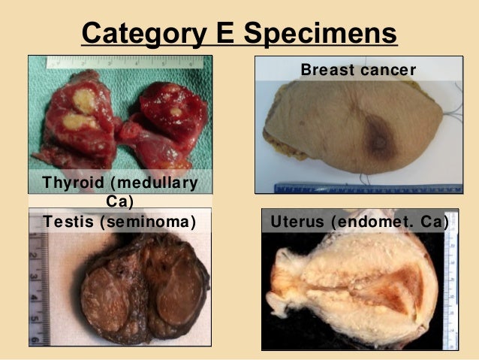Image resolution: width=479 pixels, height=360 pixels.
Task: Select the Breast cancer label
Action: [357, 70]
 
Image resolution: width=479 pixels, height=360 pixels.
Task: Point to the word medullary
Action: [160, 183]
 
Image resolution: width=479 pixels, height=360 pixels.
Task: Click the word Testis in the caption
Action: [68, 222]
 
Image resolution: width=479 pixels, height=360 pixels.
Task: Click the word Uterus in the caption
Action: [300, 222]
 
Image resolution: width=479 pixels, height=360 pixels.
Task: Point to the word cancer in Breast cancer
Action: [388, 70]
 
